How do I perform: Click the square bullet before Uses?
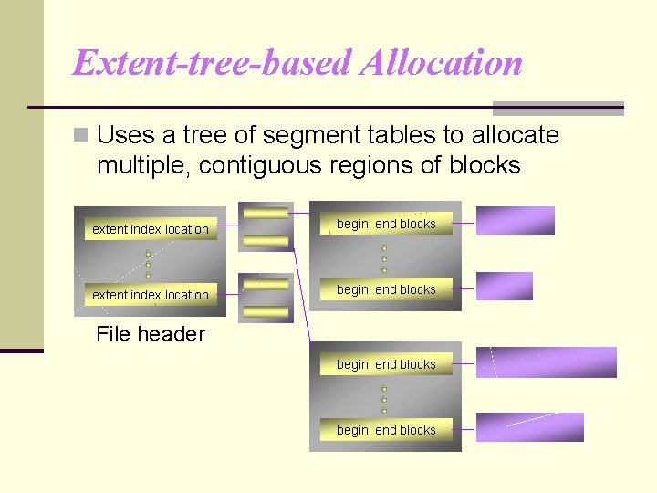81,135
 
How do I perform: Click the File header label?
151,334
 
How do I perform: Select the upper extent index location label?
151,229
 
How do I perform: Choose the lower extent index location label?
151,295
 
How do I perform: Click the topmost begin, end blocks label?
386,224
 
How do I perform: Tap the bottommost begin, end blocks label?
386,430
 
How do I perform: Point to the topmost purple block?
516,221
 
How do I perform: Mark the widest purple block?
547,362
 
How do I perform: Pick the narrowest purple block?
505,287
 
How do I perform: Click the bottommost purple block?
530,427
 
